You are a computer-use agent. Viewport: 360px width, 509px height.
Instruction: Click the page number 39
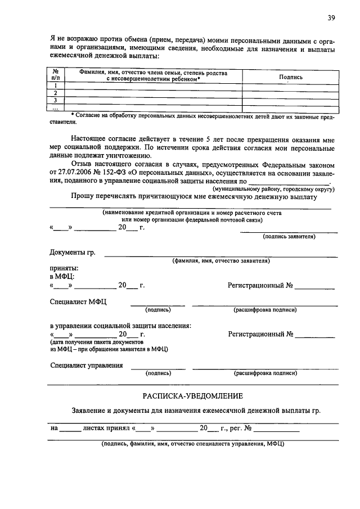pyautogui.click(x=331, y=18)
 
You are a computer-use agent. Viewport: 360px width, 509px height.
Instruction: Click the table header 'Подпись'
pyautogui.click(x=290, y=76)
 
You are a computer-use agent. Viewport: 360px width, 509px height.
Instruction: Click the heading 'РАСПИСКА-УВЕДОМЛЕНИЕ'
pyautogui.click(x=192, y=396)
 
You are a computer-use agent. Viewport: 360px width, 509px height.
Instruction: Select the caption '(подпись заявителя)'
pyautogui.click(x=289, y=237)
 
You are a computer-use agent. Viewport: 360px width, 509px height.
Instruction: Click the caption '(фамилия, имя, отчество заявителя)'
pyautogui.click(x=221, y=261)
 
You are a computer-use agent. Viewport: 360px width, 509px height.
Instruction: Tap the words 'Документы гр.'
pyautogui.click(x=73, y=253)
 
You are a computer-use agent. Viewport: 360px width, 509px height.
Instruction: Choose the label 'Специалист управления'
pyautogui.click(x=86, y=365)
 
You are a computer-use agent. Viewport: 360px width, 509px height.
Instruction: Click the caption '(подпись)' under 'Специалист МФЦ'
pyautogui.click(x=158, y=309)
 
